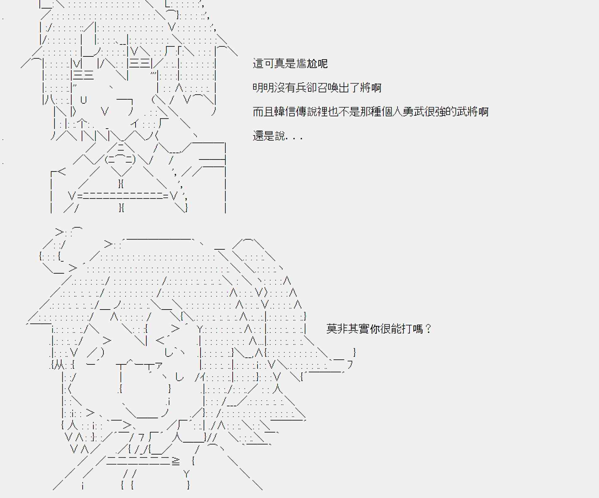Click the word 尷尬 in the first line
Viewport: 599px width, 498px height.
point(306,64)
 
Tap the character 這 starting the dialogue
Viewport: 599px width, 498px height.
point(258,64)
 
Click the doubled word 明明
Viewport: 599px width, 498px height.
point(263,88)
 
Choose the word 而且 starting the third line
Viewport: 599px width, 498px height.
point(263,112)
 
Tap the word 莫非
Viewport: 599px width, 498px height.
point(337,329)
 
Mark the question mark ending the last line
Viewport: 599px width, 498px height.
point(428,329)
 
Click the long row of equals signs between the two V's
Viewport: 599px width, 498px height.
point(123,196)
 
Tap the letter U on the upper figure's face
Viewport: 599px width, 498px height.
point(84,100)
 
